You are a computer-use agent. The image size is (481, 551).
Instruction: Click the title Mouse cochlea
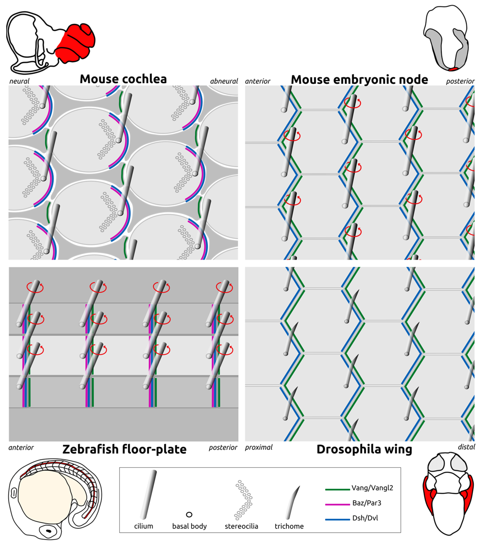123,79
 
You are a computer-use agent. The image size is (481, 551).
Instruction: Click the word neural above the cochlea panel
19,81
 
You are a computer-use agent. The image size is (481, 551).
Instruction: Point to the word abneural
224,81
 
